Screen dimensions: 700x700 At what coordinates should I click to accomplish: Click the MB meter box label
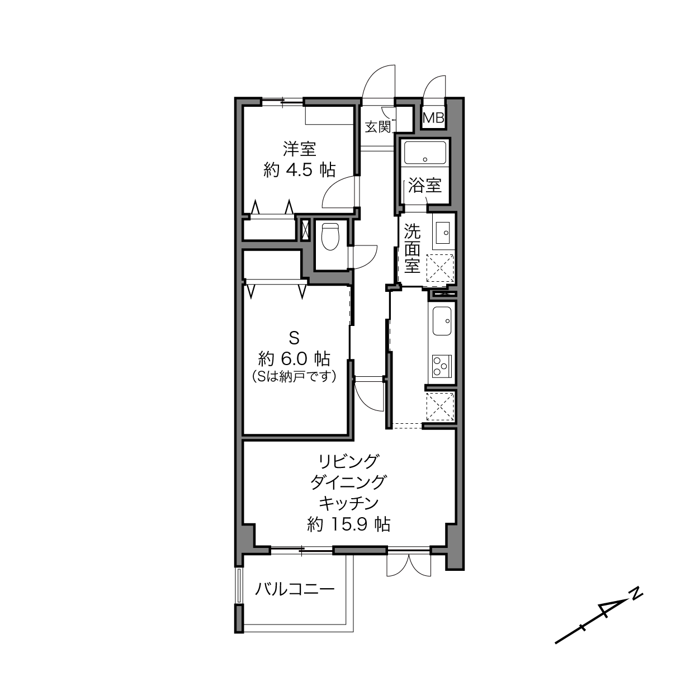(x=433, y=118)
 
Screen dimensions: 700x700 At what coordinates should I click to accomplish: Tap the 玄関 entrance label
(x=378, y=127)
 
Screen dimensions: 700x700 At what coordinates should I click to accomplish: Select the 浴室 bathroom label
(x=425, y=186)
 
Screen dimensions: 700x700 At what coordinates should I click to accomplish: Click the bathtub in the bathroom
(x=425, y=153)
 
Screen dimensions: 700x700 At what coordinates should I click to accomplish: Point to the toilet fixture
(x=330, y=237)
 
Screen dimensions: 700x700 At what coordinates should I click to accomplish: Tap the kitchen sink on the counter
(x=441, y=321)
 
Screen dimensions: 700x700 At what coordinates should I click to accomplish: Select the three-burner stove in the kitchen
(x=441, y=366)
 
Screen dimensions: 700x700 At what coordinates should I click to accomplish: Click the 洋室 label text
(x=299, y=149)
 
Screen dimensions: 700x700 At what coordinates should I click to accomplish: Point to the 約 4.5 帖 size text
(x=299, y=169)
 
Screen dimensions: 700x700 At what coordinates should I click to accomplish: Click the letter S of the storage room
(x=294, y=339)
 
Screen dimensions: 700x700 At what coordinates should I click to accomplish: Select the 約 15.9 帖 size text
(x=348, y=524)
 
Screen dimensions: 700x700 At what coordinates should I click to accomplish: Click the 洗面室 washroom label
(x=412, y=249)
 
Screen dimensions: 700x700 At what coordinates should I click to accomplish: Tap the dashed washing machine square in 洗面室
(x=440, y=268)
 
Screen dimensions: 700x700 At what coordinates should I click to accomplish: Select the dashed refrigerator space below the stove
(x=440, y=406)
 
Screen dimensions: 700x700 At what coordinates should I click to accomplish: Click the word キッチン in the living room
(x=348, y=504)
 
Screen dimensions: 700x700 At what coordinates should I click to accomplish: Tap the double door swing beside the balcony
(x=409, y=565)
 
